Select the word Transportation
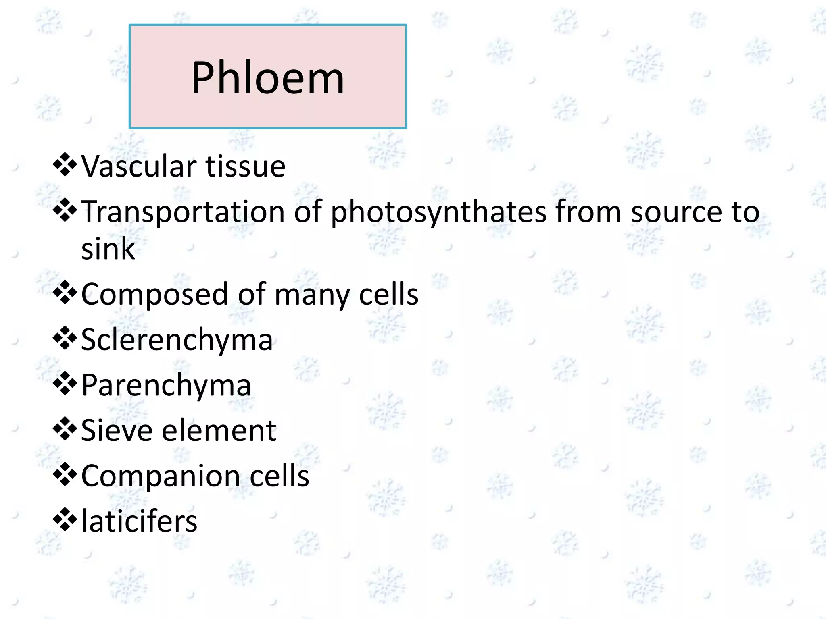[x=184, y=212]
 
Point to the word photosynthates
[x=438, y=212]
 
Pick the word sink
[x=108, y=249]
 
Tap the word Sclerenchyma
[x=177, y=340]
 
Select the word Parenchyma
[x=166, y=386]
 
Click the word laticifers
[x=139, y=521]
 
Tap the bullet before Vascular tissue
[x=65, y=165]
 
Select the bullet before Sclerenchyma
[x=65, y=339]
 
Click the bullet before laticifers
[x=65, y=520]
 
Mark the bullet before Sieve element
[x=65, y=429]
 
